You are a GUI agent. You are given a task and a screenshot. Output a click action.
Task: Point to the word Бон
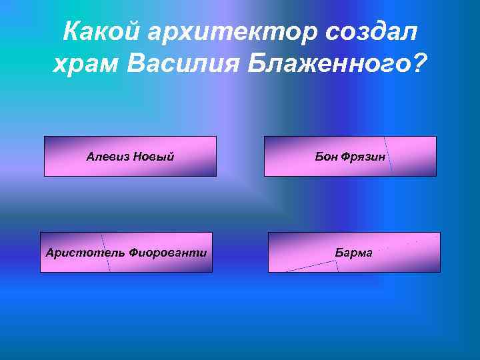(x=326, y=157)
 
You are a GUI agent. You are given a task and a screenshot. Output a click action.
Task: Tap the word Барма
(x=354, y=253)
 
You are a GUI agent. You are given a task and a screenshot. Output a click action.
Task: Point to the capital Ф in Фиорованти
(x=133, y=253)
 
